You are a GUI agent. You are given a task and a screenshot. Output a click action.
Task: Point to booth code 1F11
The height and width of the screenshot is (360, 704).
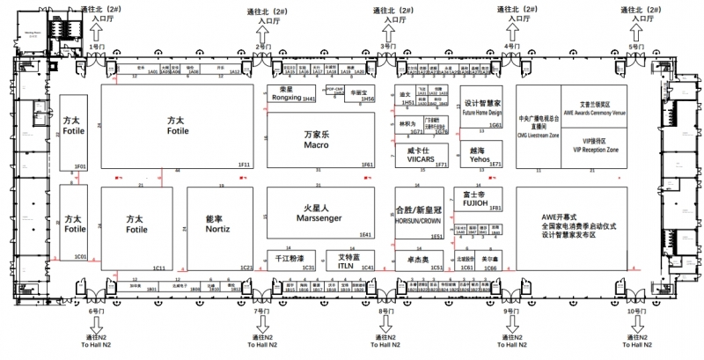(x=244, y=165)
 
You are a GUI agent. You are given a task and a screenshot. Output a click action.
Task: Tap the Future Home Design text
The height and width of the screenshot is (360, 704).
(x=482, y=113)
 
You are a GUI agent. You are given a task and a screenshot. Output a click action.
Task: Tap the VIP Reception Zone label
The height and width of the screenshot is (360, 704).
(x=596, y=151)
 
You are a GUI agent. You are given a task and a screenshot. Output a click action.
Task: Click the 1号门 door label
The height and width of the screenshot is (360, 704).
(x=96, y=46)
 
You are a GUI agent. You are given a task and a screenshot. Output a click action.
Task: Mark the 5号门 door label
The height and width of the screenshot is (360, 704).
(x=634, y=46)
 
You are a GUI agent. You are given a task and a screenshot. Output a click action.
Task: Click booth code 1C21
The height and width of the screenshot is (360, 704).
(x=246, y=268)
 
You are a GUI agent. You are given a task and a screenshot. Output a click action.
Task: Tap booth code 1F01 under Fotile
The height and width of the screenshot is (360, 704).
(x=79, y=165)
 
